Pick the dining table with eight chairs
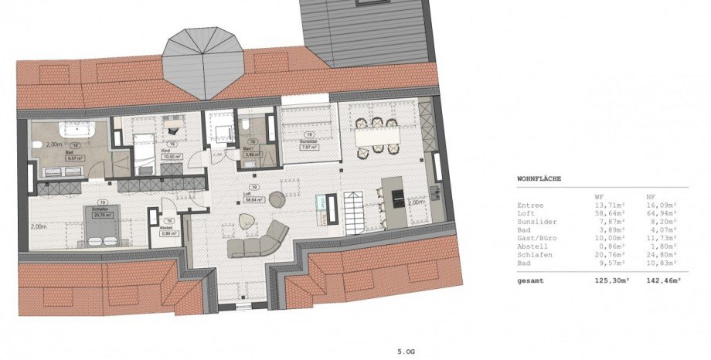[377, 134]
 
